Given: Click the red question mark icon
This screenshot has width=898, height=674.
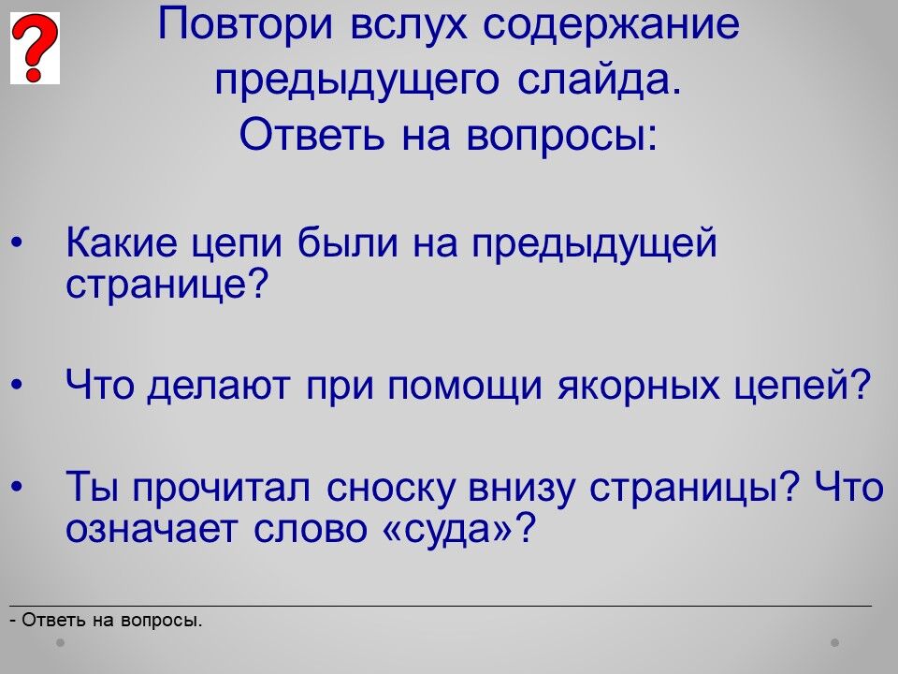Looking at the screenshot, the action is point(35,48).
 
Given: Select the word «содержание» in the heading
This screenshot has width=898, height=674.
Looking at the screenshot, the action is point(611,25).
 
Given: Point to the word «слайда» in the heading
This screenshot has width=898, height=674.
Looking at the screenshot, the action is point(600,81).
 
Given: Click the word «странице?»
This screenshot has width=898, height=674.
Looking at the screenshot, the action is point(167,285).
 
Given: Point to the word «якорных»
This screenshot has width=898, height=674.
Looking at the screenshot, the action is point(638,385).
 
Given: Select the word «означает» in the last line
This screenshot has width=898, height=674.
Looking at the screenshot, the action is point(151,528).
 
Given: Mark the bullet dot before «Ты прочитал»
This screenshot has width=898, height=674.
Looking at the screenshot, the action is point(17,487).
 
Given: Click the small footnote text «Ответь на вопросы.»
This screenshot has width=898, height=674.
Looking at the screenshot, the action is point(112,620).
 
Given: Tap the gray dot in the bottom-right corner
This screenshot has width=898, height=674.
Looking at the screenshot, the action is point(834,642).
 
